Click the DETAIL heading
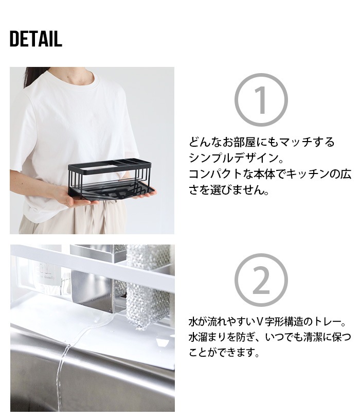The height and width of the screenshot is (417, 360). click(36, 39)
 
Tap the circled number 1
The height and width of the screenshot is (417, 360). click(261, 100)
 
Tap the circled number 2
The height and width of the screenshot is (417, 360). click(261, 280)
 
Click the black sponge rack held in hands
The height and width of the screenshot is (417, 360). click(112, 178)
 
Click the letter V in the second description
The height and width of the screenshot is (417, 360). click(260, 322)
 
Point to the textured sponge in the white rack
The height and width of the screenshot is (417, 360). click(148, 287)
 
